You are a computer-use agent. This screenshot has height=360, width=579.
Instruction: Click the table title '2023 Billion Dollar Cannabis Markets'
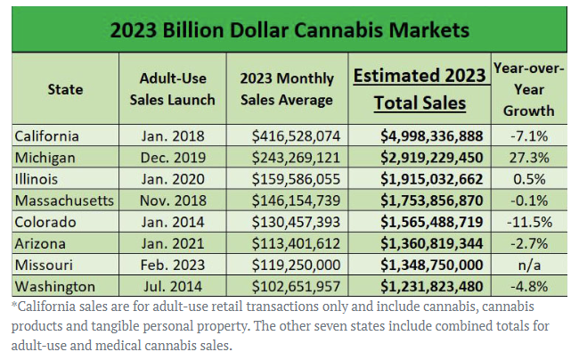[289, 29]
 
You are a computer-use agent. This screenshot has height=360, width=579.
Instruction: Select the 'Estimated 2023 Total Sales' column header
[420, 89]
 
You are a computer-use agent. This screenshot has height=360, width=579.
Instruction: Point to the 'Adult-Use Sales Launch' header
[172, 89]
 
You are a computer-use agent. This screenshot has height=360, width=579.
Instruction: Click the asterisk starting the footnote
[13, 305]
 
